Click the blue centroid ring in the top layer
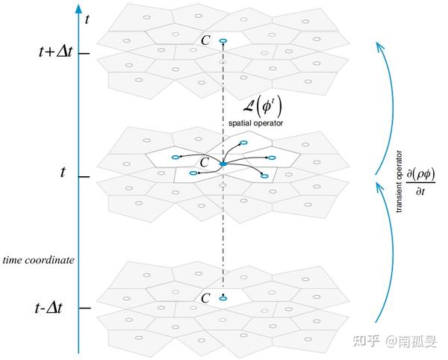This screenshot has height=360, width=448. point(223,42)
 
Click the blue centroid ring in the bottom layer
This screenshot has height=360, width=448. point(223,299)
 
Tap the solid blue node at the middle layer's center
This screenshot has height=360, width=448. point(223,163)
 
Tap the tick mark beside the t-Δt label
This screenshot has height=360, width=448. point(84,308)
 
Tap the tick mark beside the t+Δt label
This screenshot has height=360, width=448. point(84,54)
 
